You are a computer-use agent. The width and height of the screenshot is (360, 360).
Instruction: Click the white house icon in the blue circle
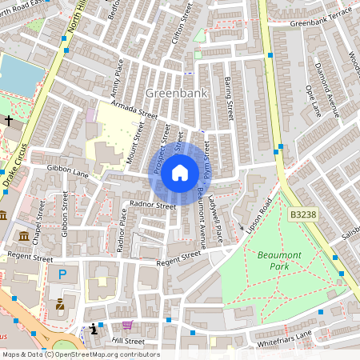coord(180,172)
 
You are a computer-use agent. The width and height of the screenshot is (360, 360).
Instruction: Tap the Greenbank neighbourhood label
coord(176,94)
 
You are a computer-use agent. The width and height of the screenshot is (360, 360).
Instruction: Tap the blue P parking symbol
coord(63,274)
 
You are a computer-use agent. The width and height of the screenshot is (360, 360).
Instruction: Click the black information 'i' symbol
coord(94,328)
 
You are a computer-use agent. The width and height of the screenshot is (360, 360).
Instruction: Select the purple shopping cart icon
coord(127,326)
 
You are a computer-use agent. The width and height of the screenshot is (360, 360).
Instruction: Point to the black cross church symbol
coord(9,121)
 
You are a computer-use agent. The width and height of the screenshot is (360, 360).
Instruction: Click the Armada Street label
coord(134,109)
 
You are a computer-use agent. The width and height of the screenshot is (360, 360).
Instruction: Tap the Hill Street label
coord(128,341)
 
